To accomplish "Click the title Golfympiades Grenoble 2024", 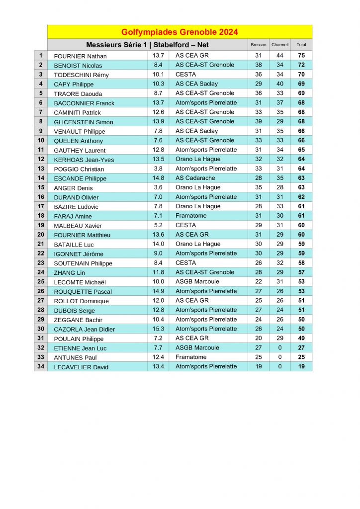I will [x=180, y=32].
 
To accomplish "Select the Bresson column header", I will [x=259, y=45].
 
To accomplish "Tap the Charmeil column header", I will [x=280, y=45].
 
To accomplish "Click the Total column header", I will [x=301, y=45].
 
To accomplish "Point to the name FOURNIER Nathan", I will [x=80, y=56].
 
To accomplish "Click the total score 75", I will [x=301, y=56].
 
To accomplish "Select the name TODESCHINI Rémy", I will [x=81, y=75].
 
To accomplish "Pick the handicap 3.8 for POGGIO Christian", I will [x=158, y=169].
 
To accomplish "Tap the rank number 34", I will [x=41, y=366].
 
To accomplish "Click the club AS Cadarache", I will [x=195, y=178].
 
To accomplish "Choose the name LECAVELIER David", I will [x=81, y=367].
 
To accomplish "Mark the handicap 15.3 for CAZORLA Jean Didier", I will [x=158, y=329].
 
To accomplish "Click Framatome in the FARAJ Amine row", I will [x=191, y=216].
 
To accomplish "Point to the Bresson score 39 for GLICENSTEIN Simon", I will [x=259, y=121].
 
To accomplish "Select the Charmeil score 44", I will [x=280, y=56].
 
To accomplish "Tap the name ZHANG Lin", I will [x=69, y=273].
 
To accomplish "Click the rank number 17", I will [x=41, y=206].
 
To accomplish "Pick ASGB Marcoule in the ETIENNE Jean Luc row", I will [x=197, y=347].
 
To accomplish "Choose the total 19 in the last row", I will [x=301, y=366].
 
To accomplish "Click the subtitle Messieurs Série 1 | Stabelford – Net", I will [x=147, y=45].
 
